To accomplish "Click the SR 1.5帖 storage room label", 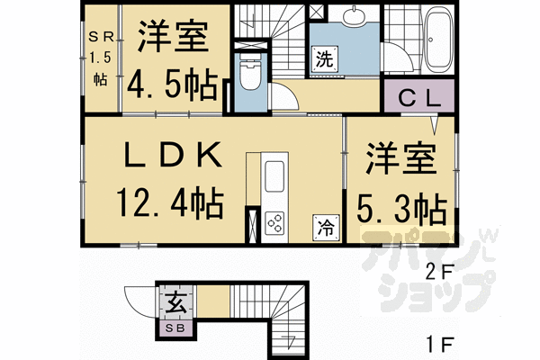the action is [101, 58].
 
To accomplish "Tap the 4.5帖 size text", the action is [173, 85].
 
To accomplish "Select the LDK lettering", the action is [173, 156].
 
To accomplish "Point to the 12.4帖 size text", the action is [170, 203].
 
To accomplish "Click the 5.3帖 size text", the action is [402, 210].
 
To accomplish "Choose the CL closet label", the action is [419, 98].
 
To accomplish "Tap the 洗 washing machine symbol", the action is [325, 59].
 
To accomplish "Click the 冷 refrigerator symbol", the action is [326, 228].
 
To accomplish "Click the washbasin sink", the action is [354, 14].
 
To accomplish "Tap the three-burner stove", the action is [274, 223].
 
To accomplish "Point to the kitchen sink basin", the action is [274, 176].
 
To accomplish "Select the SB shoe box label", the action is [175, 328].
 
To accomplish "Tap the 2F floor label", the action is [441, 272].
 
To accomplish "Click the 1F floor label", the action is [441, 344].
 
